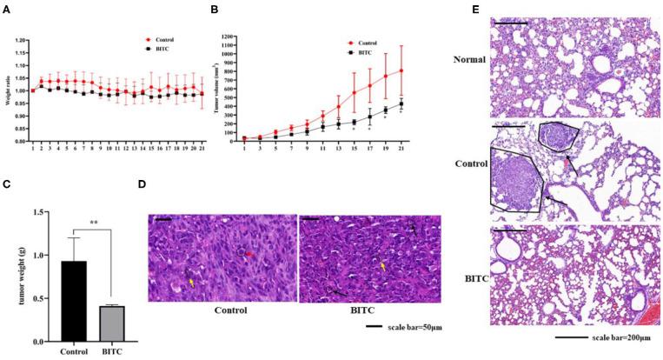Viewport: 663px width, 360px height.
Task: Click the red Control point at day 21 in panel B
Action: pyautogui.click(x=426, y=71)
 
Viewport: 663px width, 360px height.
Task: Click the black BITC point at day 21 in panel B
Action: pyautogui.click(x=426, y=104)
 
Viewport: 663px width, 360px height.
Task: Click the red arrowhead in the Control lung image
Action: pyautogui.click(x=567, y=162)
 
